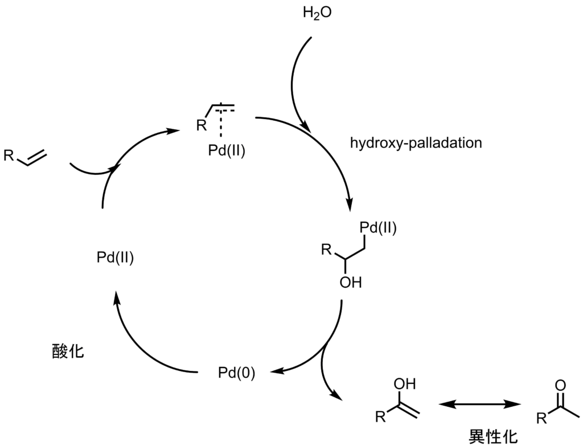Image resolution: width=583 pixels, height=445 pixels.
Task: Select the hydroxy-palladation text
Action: pos(416,142)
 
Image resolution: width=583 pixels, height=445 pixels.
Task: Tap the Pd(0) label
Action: pos(236,373)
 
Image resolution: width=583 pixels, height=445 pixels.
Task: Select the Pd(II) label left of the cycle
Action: pos(114,258)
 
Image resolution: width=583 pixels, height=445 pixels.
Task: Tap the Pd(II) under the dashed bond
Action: pos(227,152)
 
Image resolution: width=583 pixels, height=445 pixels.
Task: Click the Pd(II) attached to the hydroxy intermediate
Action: pos(378,228)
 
